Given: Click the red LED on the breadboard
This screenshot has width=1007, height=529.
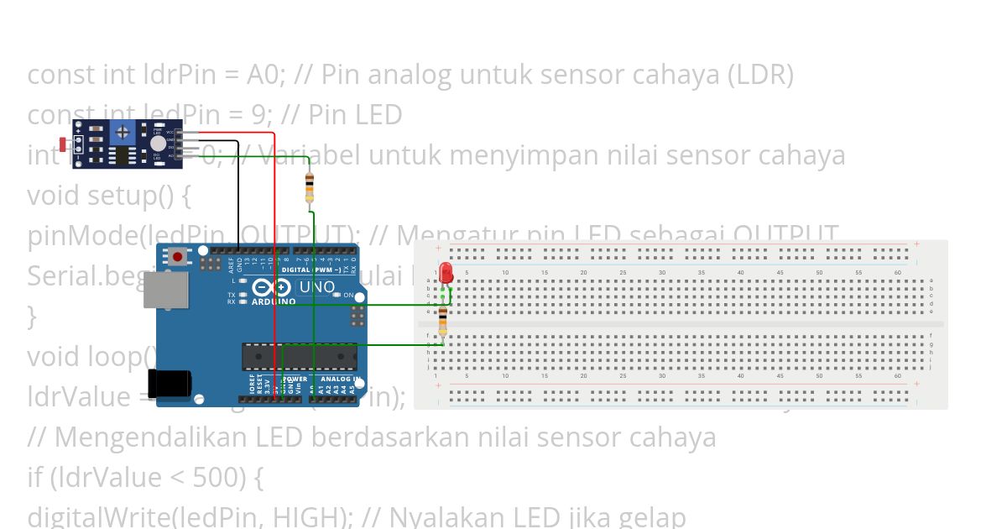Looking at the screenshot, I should pos(446,272).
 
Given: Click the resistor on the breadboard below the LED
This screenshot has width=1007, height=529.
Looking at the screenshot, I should pos(443,321).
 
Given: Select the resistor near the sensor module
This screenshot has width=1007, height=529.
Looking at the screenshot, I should pos(310,186).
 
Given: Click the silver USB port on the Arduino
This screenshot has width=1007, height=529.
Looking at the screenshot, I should pos(160,289).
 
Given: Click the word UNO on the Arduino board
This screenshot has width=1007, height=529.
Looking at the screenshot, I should pos(317,287).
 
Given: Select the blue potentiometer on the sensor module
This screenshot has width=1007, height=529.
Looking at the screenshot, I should pos(123,131).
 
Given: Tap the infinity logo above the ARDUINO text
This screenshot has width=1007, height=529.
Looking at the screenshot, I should pos(271,288).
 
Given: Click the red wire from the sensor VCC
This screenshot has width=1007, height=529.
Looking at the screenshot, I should pos(274,252).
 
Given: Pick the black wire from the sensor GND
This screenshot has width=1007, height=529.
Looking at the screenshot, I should pos(238,193).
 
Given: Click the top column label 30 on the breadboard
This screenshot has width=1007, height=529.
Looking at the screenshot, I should pos(662,273).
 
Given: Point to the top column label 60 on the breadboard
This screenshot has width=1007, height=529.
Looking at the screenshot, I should pos(898,273).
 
